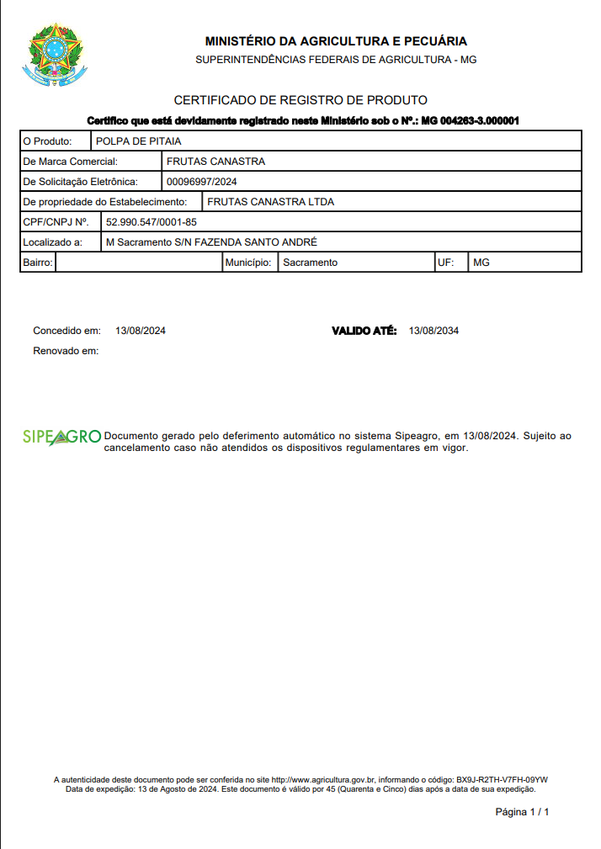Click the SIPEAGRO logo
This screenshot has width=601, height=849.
(61, 437)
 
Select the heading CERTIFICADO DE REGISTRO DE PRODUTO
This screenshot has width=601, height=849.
(300, 100)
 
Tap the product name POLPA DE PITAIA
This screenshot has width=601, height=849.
(139, 141)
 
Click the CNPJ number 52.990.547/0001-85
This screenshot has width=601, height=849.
(152, 222)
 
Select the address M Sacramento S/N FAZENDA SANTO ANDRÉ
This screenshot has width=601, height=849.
(211, 242)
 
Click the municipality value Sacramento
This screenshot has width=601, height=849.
(310, 263)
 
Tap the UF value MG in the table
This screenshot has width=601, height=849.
(481, 263)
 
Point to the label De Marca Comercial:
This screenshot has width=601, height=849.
(70, 162)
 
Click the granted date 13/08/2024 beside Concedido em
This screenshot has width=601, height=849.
(141, 331)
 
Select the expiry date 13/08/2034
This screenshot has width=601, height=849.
(433, 331)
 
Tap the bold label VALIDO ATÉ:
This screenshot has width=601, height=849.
(364, 331)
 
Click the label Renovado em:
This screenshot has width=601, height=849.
(66, 350)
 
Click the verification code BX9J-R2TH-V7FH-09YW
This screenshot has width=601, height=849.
(503, 780)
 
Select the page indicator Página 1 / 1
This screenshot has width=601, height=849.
(522, 812)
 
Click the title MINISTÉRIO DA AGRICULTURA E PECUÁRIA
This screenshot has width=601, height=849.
(336, 41)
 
